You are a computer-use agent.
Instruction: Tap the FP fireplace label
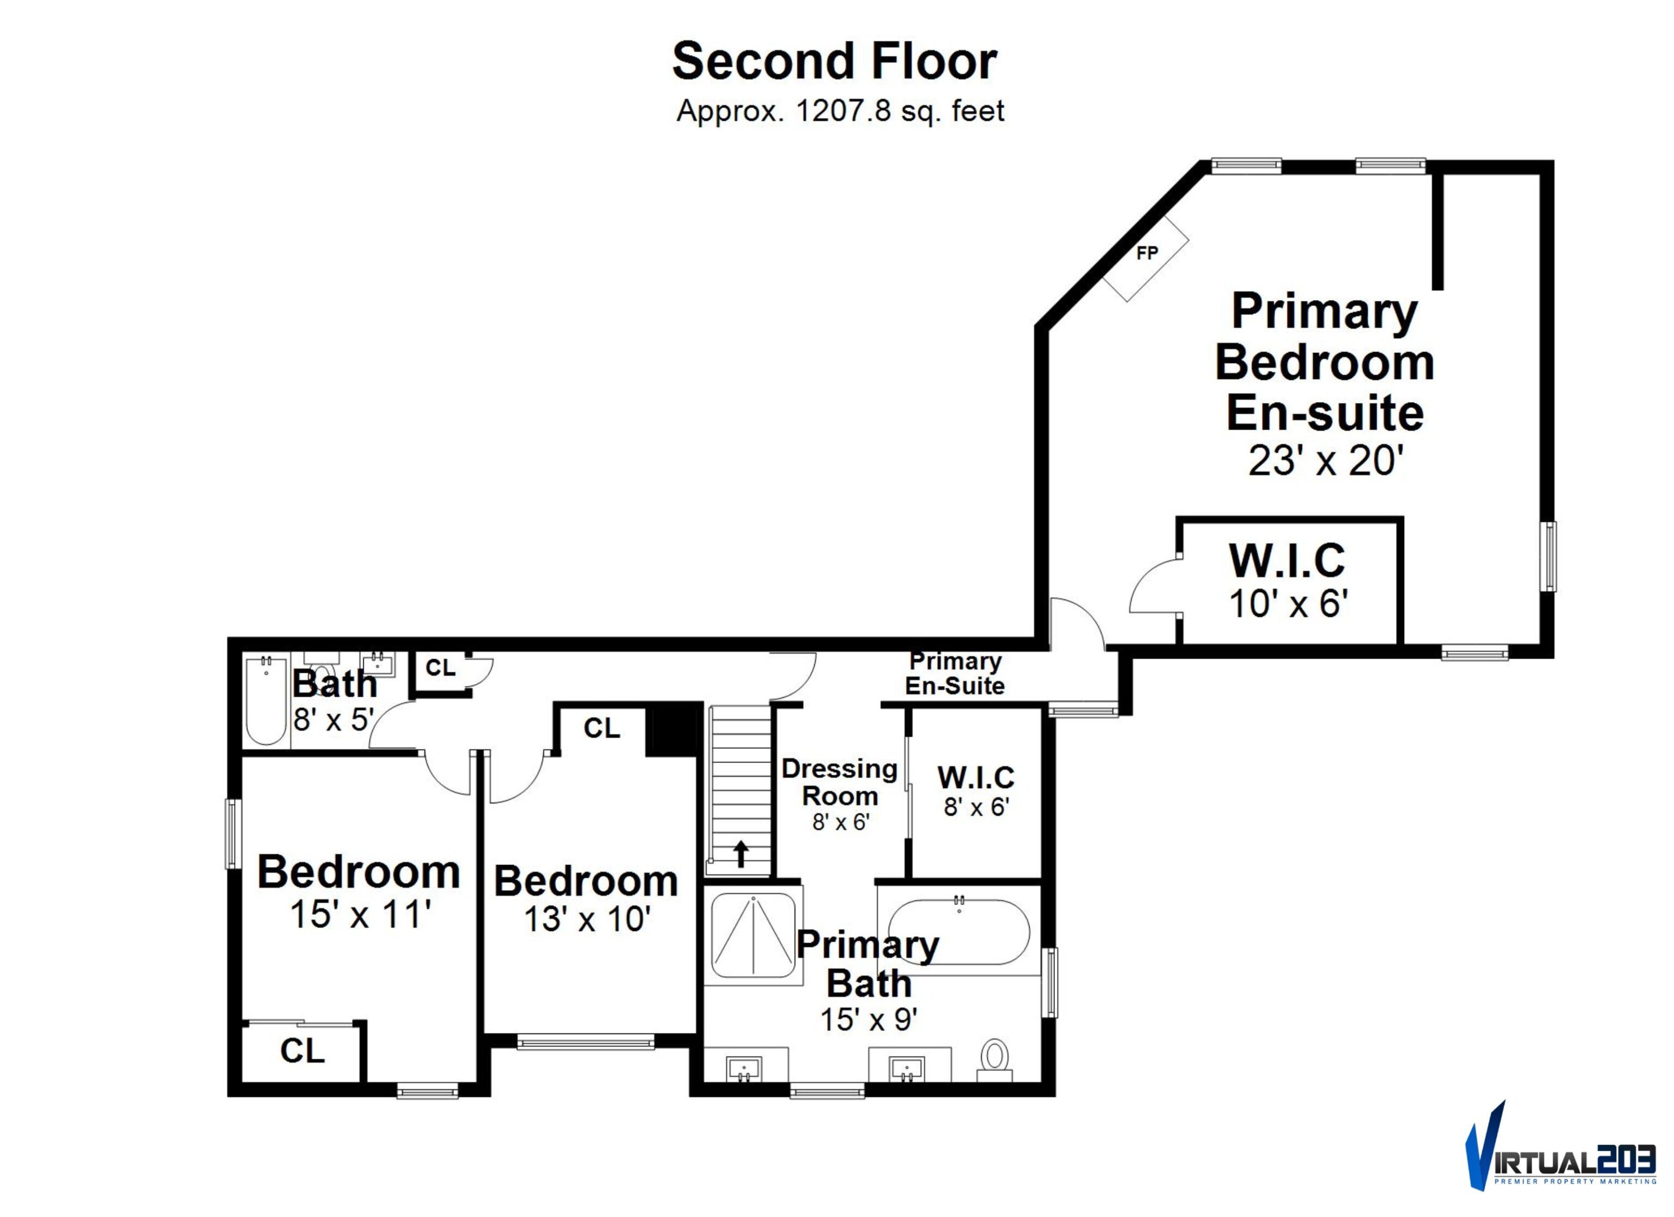(x=1147, y=253)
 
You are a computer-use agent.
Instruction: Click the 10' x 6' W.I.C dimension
(x=1288, y=603)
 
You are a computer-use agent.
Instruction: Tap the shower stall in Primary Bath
(x=753, y=936)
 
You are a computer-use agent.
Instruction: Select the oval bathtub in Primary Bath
(x=959, y=932)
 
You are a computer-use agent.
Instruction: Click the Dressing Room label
(x=840, y=782)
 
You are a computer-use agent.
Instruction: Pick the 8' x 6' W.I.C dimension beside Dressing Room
(x=976, y=807)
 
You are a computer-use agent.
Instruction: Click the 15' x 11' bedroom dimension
(x=360, y=914)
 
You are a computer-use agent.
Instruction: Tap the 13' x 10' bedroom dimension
(x=587, y=920)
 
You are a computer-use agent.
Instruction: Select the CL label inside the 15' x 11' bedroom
(x=302, y=1050)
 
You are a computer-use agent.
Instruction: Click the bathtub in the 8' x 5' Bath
(x=266, y=701)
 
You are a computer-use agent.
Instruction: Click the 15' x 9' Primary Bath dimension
(x=869, y=1019)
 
